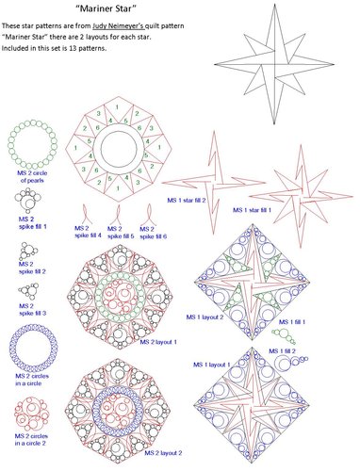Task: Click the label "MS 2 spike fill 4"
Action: (88, 232)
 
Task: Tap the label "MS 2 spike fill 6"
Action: (147, 232)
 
